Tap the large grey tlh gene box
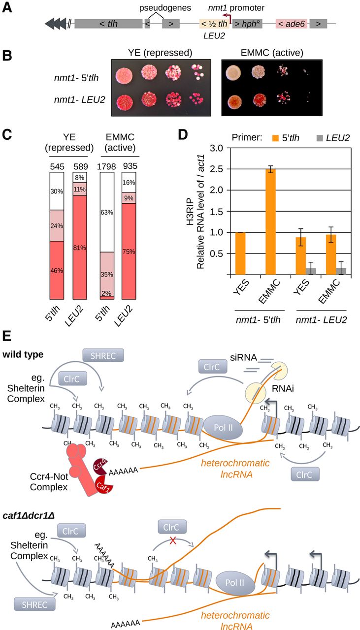(x=108, y=24)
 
